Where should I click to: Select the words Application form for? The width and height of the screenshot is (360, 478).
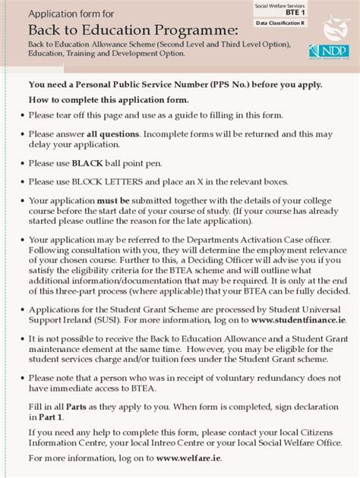pos(71,14)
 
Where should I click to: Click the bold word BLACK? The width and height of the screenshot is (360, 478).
pos(87,163)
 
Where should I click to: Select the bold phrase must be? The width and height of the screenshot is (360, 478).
pos(112,200)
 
